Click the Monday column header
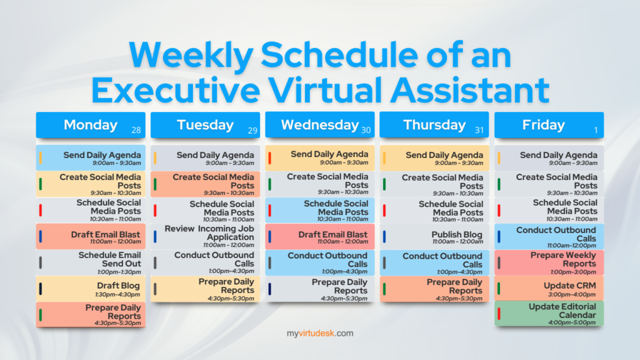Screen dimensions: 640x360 coord(91,125)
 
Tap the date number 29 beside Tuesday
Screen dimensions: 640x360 coord(252,131)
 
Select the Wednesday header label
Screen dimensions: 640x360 coord(319,125)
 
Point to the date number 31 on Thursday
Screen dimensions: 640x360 coord(479,130)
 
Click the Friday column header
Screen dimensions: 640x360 coord(549,125)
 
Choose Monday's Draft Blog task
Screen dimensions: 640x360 coord(91,289)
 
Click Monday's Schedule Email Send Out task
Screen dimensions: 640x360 coord(91,263)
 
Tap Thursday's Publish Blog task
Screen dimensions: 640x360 coord(434,237)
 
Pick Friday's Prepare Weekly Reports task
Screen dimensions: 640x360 coord(549,263)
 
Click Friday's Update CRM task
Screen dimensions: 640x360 coord(549,289)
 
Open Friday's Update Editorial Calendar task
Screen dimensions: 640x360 coord(549,314)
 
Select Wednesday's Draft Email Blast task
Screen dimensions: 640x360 coord(319,237)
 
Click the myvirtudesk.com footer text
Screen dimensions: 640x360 coord(320,334)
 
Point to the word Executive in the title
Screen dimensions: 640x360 coord(176,89)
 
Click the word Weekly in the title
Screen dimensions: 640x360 coord(191,56)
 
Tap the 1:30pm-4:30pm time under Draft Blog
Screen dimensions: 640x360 coord(117,295)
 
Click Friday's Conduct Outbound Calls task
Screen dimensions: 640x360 coord(549,237)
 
